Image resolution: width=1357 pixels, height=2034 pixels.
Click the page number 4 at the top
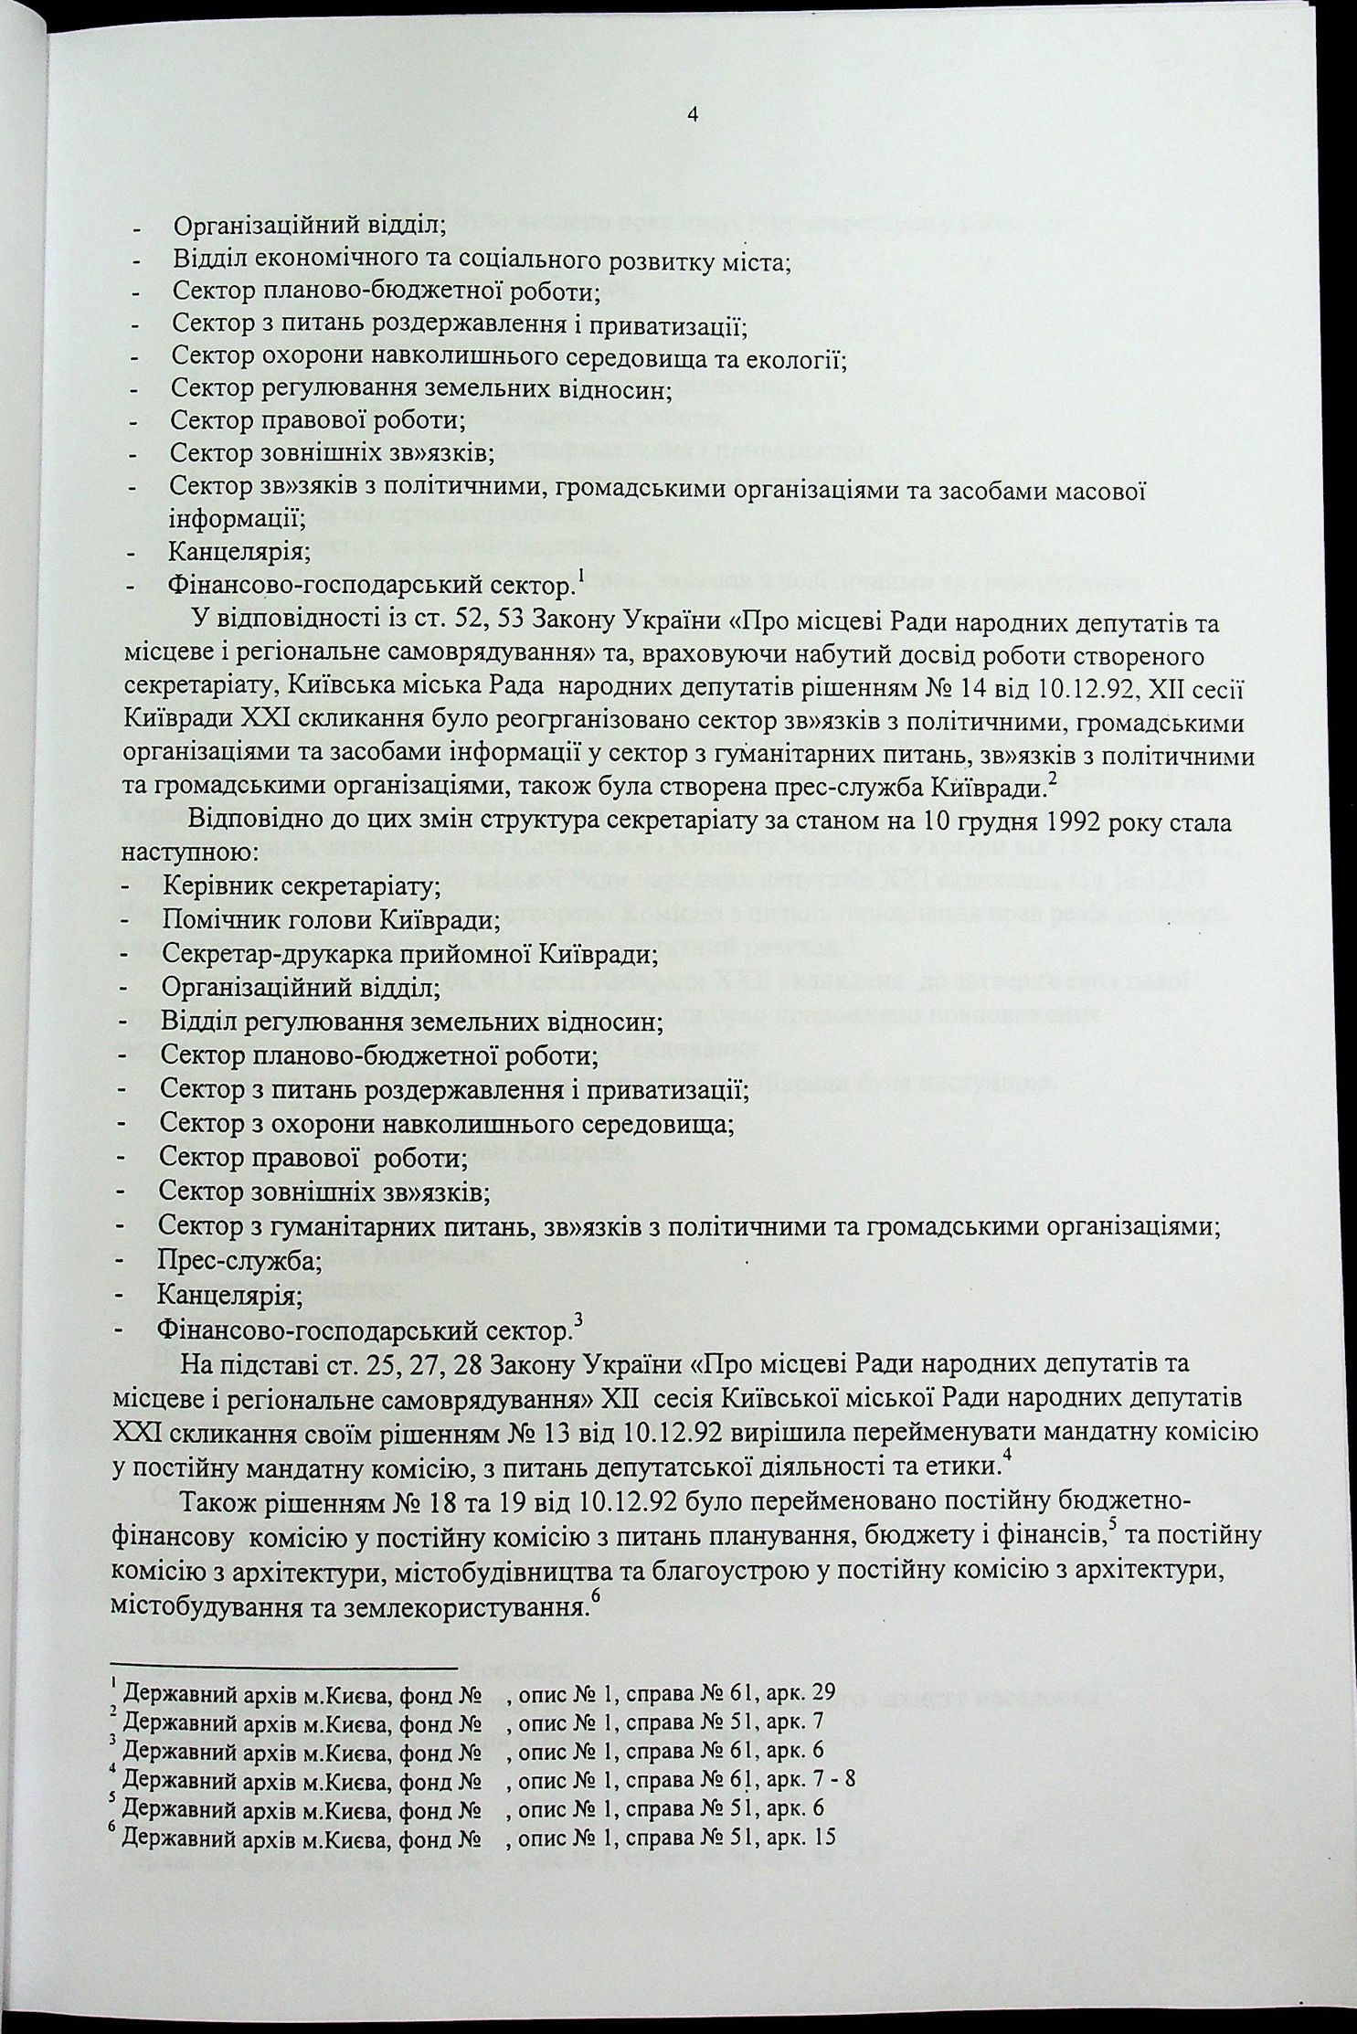[x=692, y=115]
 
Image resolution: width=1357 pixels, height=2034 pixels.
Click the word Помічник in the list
[x=217, y=920]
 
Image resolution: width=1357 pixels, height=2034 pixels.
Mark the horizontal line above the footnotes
[x=283, y=1669]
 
